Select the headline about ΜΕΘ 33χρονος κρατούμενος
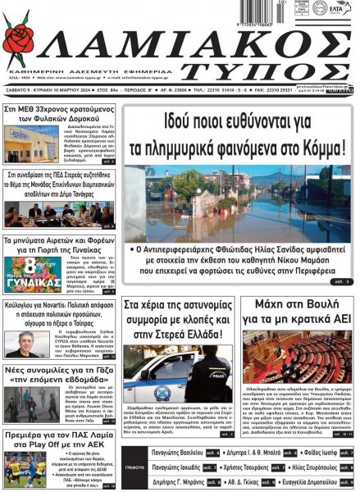[58, 113]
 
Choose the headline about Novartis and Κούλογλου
[58, 312]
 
